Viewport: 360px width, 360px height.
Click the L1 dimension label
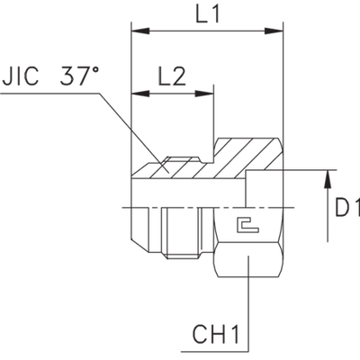click(204, 15)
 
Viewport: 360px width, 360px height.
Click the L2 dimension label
click(174, 76)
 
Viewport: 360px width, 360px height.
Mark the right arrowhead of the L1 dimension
click(272, 33)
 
